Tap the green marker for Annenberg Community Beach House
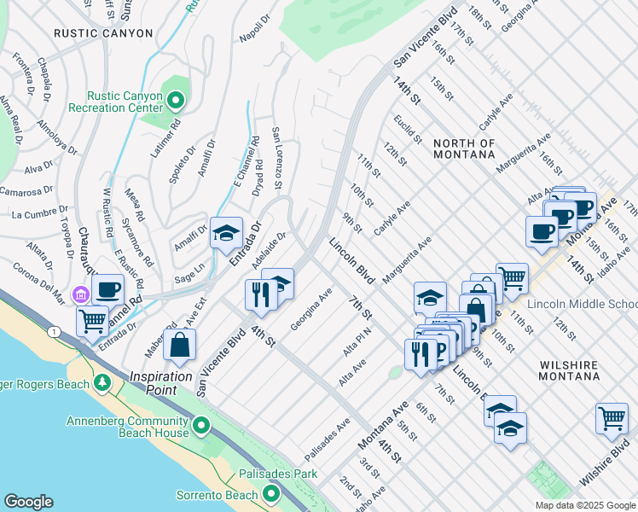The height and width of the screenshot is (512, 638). coord(200,425)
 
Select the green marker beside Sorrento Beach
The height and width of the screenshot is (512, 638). coord(271,494)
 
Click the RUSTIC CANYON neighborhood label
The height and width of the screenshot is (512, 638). coord(103,33)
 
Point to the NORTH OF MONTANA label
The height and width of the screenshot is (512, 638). coord(463,148)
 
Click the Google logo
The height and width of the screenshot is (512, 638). coord(28,502)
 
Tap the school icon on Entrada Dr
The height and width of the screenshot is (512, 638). coord(226,232)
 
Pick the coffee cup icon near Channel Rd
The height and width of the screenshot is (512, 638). coord(108,289)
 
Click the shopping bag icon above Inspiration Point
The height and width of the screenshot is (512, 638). coord(180,345)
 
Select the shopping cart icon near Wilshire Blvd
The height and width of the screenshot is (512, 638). coord(612,417)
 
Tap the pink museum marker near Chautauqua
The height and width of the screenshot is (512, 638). coord(82,295)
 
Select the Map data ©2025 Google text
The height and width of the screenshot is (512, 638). coord(583,504)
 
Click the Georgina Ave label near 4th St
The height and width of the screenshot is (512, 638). coord(310,310)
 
